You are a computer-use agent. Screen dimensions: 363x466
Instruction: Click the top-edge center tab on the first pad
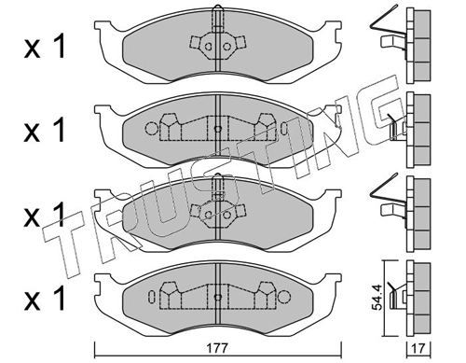(x=216, y=17)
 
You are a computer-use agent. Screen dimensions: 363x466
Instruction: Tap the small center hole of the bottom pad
(x=216, y=297)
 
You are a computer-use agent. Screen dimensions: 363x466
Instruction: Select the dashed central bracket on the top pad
(x=216, y=45)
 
